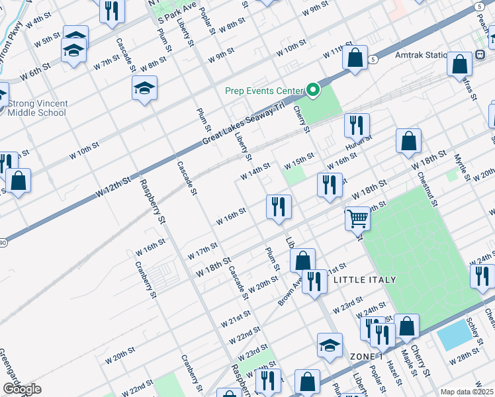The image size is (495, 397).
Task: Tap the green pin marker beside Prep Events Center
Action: click(x=314, y=91)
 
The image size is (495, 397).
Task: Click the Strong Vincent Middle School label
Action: click(x=37, y=108)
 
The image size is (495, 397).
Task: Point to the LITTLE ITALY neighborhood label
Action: click(x=363, y=281)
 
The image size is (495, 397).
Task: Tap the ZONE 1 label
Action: click(x=367, y=357)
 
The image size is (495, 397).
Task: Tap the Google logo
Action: click(x=22, y=389)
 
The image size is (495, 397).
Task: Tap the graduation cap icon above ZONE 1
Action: click(x=330, y=345)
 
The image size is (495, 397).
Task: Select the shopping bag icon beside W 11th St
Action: click(x=355, y=58)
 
